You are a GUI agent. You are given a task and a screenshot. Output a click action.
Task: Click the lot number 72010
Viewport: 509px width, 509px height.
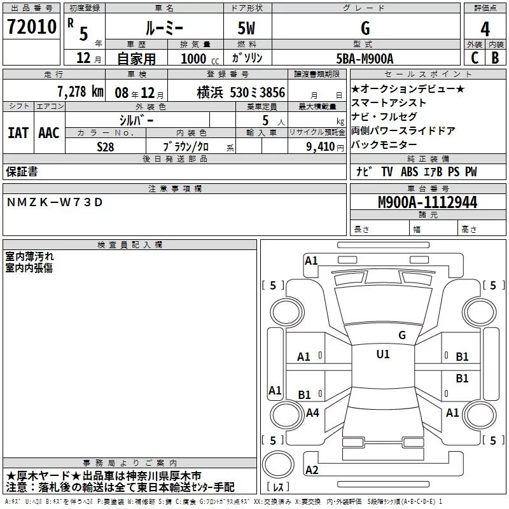(32, 27)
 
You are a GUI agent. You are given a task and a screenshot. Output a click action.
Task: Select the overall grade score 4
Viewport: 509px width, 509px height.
(485, 29)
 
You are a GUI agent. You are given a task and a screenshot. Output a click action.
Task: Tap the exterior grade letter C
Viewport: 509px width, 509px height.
(475, 58)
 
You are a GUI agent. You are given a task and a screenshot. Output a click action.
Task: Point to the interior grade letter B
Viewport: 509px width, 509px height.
(495, 58)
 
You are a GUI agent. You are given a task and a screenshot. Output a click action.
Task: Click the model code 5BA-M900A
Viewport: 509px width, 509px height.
(365, 59)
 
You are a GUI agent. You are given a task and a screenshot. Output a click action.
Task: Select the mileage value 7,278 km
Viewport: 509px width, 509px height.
(81, 92)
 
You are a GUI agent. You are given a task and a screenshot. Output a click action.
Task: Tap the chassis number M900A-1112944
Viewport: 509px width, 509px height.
(428, 202)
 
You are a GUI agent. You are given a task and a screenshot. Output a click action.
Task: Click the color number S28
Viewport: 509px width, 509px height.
(106, 147)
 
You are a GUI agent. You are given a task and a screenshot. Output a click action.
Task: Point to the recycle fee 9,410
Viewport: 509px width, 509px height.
(321, 147)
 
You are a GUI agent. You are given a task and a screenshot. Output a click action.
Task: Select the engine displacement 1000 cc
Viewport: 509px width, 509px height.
(200, 59)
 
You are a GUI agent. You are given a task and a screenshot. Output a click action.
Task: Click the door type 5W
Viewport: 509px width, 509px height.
(246, 28)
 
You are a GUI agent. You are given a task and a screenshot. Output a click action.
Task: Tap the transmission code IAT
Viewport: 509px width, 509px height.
(18, 133)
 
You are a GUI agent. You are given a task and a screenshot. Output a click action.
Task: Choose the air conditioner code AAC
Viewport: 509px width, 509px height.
(49, 133)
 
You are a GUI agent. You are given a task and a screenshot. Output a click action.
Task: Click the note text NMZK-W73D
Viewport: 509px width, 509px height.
(55, 202)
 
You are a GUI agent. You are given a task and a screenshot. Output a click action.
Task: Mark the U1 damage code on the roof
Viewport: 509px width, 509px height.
(383, 354)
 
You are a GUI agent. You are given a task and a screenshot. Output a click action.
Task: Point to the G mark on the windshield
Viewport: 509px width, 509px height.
(402, 335)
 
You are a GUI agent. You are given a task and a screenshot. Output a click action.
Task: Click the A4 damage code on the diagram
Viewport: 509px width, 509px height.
(312, 413)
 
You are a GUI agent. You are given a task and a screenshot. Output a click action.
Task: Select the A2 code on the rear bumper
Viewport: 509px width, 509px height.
(312, 470)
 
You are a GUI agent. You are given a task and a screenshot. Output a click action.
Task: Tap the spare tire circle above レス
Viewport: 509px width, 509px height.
(278, 464)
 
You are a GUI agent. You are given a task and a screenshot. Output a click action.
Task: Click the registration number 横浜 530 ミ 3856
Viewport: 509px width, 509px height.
(241, 92)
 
